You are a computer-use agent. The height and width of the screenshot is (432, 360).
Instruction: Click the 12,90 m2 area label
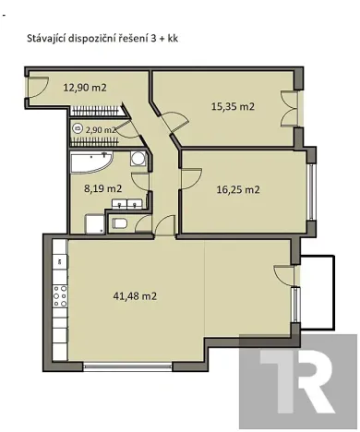pyautogui.click(x=85, y=89)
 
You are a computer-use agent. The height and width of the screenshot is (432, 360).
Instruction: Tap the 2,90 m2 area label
pyautogui.click(x=101, y=130)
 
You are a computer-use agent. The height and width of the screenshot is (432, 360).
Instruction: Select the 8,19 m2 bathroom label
pyautogui.click(x=103, y=188)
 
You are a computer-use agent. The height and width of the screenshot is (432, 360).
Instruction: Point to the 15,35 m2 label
pyautogui.click(x=231, y=107)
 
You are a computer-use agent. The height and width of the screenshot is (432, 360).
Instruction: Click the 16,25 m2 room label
pyautogui.click(x=237, y=190)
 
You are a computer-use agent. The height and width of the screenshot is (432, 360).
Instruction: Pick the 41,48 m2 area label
pyautogui.click(x=135, y=296)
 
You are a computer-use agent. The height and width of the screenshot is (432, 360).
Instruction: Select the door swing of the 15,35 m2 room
pyautogui.click(x=174, y=118)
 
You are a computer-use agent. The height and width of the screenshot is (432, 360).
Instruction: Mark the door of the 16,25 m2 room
pyautogui.click(x=189, y=175)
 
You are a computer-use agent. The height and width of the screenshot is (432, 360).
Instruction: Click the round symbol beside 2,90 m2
pyautogui.click(x=78, y=130)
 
